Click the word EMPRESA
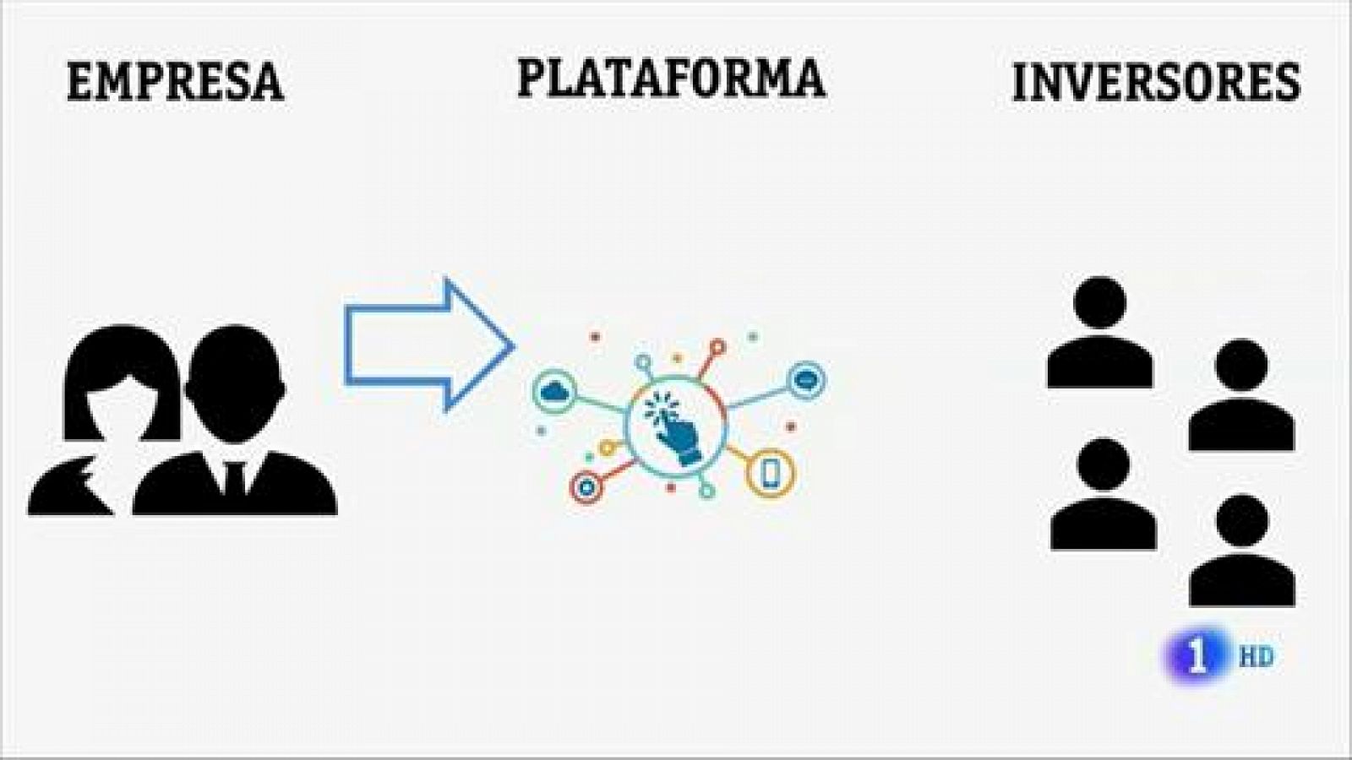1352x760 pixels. (x=175, y=81)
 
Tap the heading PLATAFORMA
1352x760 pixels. (x=671, y=78)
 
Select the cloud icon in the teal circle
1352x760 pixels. (x=554, y=392)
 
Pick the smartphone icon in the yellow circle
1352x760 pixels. (x=770, y=473)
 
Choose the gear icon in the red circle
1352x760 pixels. (x=586, y=487)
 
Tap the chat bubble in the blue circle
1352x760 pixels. (x=807, y=379)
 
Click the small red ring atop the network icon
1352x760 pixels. (x=717, y=348)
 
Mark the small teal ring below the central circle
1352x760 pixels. (x=706, y=491)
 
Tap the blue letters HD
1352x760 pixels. (x=1256, y=657)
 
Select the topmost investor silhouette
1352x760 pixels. (x=1099, y=332)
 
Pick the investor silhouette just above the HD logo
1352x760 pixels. (x=1242, y=550)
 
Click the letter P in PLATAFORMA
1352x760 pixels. (x=532, y=79)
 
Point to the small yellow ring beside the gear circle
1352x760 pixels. (x=607, y=448)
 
